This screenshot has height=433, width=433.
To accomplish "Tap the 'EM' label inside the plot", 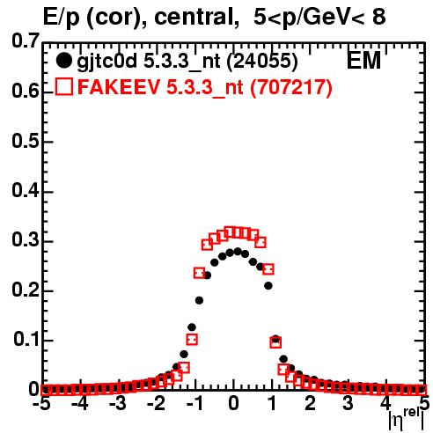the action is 363,60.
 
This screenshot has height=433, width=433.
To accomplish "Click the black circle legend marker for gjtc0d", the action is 63,61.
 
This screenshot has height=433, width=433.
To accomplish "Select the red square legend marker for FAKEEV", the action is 63,86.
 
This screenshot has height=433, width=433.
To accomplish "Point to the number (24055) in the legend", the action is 262,61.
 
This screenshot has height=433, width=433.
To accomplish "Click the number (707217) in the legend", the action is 291,87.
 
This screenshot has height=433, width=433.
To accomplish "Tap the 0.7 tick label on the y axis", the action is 25,40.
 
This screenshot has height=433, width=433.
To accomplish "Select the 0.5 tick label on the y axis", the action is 25,141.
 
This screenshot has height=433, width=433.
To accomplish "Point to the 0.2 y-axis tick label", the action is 25,290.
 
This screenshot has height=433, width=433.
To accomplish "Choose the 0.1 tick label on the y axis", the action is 26,339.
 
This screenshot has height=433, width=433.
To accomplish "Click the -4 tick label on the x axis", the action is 80,404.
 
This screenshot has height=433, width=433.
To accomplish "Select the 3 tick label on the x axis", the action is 348,404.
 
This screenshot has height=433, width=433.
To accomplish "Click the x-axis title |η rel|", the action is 407,420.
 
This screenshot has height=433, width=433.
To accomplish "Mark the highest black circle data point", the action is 238,252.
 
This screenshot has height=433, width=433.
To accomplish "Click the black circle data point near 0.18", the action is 200,300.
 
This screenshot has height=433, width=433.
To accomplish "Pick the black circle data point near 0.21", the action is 268,285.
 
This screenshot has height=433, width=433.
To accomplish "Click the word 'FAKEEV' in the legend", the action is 120,87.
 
